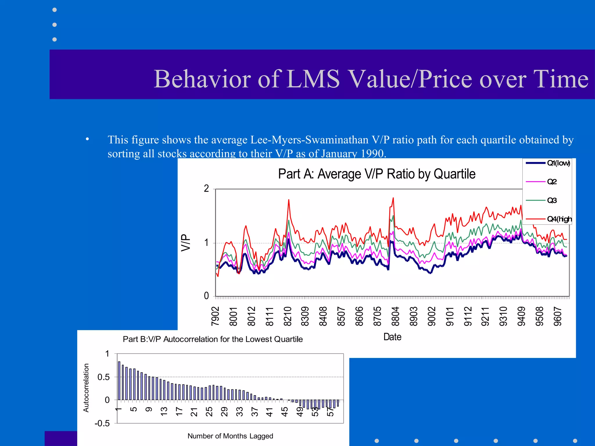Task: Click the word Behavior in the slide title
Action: coord(202,79)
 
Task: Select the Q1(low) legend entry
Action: coord(558,163)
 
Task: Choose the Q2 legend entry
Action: coord(552,182)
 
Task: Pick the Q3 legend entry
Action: coord(552,200)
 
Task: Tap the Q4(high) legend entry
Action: coord(559,219)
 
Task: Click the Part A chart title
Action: coord(377,174)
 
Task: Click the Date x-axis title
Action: coord(392,337)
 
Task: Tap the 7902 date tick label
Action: coord(215,316)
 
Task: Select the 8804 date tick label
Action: coord(395,316)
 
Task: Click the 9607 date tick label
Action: coord(558,316)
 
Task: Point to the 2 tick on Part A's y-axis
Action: coord(206,189)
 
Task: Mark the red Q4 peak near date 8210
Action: coord(288,200)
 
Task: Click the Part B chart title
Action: coord(213,339)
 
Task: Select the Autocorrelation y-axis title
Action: coord(86,388)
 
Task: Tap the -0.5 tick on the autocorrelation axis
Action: coord(102,423)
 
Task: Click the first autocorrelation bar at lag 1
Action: coord(119,380)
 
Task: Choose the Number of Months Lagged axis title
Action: coord(230,436)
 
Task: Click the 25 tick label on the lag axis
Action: coord(209,411)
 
